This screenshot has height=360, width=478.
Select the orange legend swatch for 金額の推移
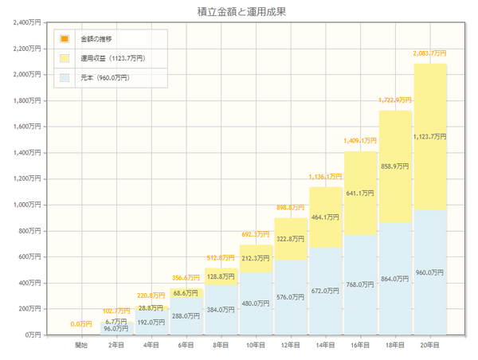tap(65, 39)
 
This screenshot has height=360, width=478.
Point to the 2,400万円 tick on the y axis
tap(29, 22)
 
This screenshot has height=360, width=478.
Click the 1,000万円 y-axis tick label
tap(29, 205)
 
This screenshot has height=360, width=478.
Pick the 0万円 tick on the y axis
tap(35, 335)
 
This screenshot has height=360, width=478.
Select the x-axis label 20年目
tap(430, 345)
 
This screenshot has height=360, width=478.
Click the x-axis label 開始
tap(81, 345)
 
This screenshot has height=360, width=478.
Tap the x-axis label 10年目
tap(256, 345)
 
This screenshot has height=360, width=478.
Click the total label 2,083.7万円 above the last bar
tap(429, 53)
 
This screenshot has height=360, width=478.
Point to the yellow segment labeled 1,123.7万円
tap(430, 137)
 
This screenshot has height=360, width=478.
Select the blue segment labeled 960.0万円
tap(430, 272)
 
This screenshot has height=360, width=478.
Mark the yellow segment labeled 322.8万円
tap(290, 238)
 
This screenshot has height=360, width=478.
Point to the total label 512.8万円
tap(221, 257)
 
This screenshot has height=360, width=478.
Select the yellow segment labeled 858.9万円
tap(395, 166)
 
